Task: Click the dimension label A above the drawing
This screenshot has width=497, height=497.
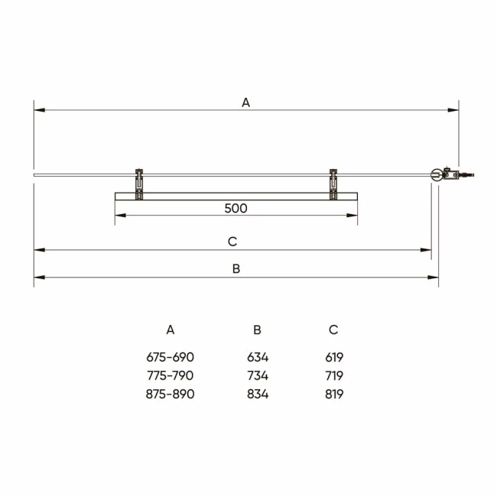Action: [x=245, y=102]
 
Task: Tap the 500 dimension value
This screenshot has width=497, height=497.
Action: [x=236, y=208]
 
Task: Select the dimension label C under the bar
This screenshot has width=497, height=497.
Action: [x=233, y=242]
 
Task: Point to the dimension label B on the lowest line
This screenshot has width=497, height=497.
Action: [x=236, y=268]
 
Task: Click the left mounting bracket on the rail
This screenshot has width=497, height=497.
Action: [x=138, y=184]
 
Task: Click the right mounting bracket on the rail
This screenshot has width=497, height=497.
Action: [x=333, y=184]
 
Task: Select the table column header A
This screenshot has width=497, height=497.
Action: [x=171, y=330]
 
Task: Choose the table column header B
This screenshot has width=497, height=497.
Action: [x=258, y=330]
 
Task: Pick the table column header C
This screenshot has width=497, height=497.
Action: [x=333, y=330]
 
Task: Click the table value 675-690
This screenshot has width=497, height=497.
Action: [x=171, y=357]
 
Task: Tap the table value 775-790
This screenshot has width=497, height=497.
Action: [x=171, y=375]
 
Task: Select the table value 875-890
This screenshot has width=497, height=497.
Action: [x=171, y=395]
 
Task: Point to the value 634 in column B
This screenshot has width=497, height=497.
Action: [x=258, y=357]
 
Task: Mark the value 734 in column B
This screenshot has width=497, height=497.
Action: [x=258, y=375]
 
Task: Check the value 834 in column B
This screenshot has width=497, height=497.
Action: [x=258, y=395]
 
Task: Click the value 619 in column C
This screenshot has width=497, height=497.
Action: [x=333, y=357]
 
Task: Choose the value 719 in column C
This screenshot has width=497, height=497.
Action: [x=333, y=375]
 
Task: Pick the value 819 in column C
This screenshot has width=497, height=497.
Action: [x=333, y=395]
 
